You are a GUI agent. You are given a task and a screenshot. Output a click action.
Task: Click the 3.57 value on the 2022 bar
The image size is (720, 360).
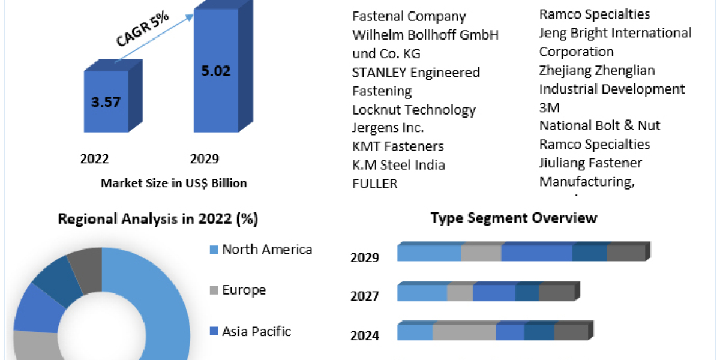[x=106, y=101]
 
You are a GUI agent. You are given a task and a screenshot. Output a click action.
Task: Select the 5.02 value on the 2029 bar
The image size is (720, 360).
[x=215, y=71]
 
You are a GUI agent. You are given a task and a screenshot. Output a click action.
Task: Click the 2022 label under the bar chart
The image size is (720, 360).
[x=95, y=159]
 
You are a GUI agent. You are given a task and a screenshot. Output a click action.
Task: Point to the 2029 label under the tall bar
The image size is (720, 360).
[x=205, y=159]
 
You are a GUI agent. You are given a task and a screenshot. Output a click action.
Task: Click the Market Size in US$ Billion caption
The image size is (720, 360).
[x=173, y=183]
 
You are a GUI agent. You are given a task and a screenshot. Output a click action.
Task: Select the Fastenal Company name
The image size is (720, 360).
[x=409, y=17]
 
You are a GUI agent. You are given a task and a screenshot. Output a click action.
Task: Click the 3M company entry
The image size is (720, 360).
[x=549, y=107]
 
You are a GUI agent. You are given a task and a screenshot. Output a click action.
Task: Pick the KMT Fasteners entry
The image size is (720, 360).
[x=398, y=146]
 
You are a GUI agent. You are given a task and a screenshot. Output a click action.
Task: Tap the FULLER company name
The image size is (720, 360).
[x=375, y=184]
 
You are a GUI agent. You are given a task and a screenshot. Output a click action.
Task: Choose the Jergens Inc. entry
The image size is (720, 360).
[x=388, y=128]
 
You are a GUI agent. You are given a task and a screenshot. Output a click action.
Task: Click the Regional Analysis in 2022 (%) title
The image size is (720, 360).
[x=158, y=220]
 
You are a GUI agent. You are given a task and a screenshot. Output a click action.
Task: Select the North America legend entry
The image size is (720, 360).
[x=267, y=250]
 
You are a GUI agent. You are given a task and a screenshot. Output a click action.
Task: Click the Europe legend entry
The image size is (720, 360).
[x=244, y=290]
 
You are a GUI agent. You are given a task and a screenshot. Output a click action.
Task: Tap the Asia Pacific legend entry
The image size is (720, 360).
[x=256, y=331]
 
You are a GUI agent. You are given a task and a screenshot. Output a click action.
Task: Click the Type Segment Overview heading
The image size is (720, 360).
[x=514, y=217]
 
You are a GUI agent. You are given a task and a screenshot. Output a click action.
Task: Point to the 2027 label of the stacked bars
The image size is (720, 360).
[x=365, y=296]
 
